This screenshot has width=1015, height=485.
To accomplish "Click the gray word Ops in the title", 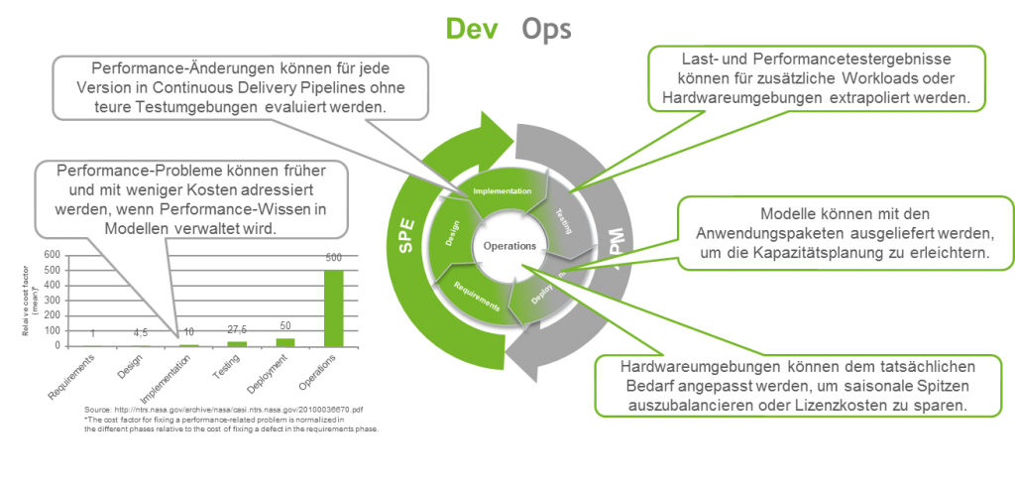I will pyautogui.click(x=547, y=29).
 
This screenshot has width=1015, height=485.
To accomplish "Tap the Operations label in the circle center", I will pyautogui.click(x=509, y=245).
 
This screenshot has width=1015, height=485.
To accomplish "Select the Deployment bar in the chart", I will pyautogui.click(x=285, y=341).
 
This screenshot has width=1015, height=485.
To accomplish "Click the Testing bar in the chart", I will pyautogui.click(x=237, y=343).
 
